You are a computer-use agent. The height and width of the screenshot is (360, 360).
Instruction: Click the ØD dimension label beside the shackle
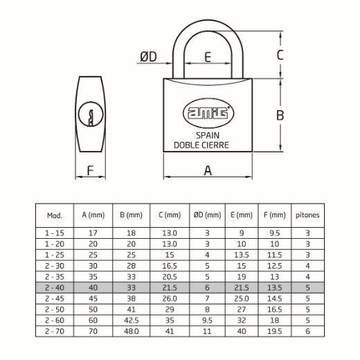(x=148, y=57)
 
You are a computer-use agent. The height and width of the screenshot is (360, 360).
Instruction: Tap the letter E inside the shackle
(x=208, y=57)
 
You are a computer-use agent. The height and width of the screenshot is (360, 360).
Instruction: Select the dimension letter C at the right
(x=280, y=55)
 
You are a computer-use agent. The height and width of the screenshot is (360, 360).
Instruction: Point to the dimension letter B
(x=280, y=115)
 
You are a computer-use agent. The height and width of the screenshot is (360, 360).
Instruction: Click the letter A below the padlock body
(x=208, y=170)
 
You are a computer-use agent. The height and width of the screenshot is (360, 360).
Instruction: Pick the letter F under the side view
(x=90, y=171)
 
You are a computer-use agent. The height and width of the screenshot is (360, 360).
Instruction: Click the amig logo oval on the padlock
(x=208, y=113)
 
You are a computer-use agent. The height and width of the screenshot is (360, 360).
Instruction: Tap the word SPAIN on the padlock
(x=208, y=135)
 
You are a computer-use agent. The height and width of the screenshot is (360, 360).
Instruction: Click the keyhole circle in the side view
(x=91, y=114)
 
